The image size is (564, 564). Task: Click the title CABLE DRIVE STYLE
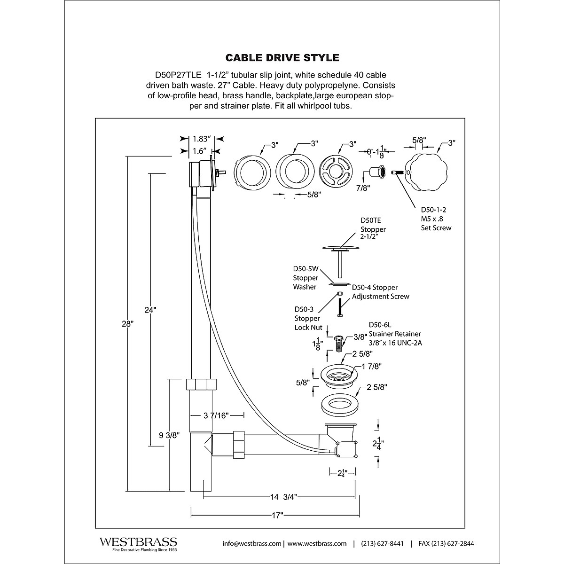point(282,58)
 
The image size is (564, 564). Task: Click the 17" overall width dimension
point(277,516)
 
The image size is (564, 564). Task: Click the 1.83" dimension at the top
point(202,139)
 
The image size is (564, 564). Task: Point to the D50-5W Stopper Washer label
point(305,278)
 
